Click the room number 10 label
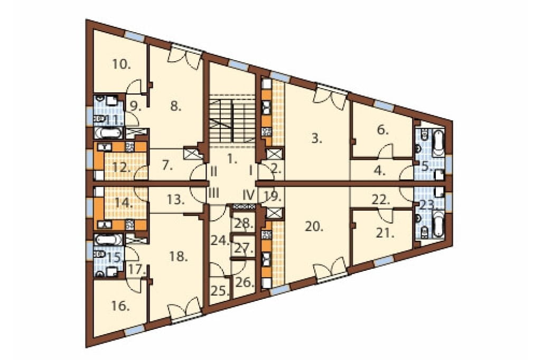pyautogui.click(x=121, y=64)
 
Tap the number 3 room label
pyautogui.click(x=317, y=139)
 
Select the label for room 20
pyautogui.click(x=314, y=226)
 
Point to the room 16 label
pyautogui.click(x=120, y=306)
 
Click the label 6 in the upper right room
pyautogui.click(x=383, y=130)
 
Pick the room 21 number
pyautogui.click(x=385, y=233)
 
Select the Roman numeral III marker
pyautogui.click(x=214, y=193)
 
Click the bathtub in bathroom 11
pyautogui.click(x=108, y=133)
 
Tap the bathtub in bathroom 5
pyautogui.click(x=439, y=143)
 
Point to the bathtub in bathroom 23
pyautogui.click(x=439, y=225)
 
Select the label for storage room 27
pyautogui.click(x=244, y=248)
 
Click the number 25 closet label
pyautogui.click(x=220, y=291)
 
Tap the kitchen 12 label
pyautogui.click(x=122, y=168)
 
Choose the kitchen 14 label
pyautogui.click(x=123, y=202)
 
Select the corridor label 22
pyautogui.click(x=381, y=200)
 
